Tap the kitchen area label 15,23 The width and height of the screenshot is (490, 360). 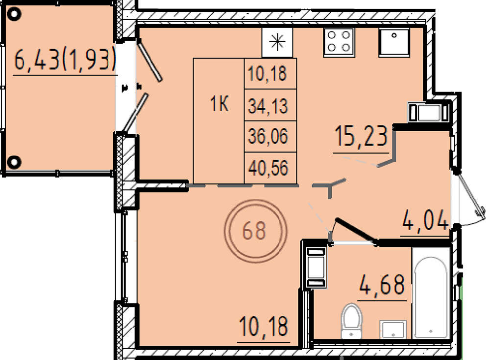(361, 136)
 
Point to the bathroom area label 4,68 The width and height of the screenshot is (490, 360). (382, 285)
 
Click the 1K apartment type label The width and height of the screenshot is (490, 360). (219, 104)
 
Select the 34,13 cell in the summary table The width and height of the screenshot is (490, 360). (268, 106)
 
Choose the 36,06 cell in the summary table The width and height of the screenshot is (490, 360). (268, 137)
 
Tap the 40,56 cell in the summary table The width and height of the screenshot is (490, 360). (268, 168)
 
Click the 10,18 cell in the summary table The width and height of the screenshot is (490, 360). (267, 74)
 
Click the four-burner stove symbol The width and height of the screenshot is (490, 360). (339, 42)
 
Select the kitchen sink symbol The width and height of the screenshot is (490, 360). (394, 42)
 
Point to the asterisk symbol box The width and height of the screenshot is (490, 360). (277, 42)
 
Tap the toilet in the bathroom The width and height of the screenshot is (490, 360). (351, 321)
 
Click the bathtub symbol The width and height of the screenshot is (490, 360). (431, 293)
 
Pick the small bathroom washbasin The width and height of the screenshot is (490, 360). (393, 329)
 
